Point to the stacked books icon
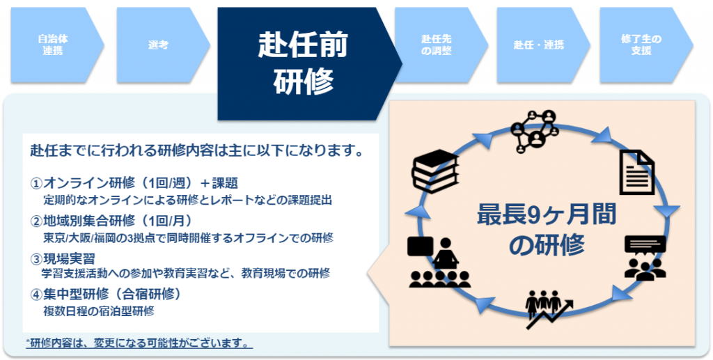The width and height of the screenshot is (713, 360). tap(435, 171)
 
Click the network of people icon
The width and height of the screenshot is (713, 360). tap(534, 131)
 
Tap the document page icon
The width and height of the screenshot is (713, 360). tap(636, 172)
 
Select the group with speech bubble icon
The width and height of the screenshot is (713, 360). tap(645, 258)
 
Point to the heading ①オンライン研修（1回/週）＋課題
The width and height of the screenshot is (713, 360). tap(134, 183)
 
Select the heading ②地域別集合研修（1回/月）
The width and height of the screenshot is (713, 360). tap(111, 221)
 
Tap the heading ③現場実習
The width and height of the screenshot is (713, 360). tap(62, 258)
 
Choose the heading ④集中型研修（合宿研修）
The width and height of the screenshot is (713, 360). tap(107, 295)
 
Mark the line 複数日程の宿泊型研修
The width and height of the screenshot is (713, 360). tap(98, 311)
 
